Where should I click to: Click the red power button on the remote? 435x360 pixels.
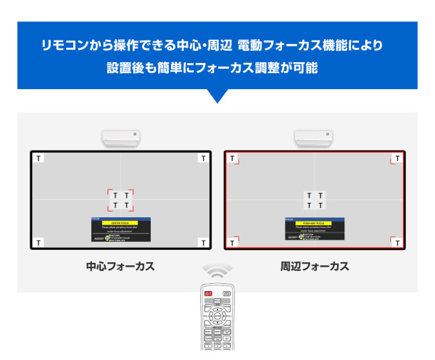click(x=209, y=293)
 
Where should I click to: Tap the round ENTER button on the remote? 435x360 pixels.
click(x=217, y=316)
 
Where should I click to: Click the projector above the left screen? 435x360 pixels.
click(x=121, y=137)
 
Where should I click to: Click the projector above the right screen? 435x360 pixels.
click(x=314, y=137)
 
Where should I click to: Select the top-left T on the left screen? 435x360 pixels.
click(x=39, y=158)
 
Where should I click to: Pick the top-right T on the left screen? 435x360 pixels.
click(x=202, y=158)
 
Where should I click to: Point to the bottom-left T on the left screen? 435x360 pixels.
click(x=39, y=242)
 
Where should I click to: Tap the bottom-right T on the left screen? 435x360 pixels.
click(x=202, y=242)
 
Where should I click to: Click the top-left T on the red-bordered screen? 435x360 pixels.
click(x=233, y=158)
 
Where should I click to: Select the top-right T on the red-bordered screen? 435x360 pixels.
click(x=396, y=158)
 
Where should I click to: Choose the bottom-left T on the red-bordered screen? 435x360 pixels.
click(x=233, y=242)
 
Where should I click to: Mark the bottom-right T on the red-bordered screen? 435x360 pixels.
click(x=396, y=242)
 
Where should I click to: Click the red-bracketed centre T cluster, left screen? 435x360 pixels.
click(x=121, y=201)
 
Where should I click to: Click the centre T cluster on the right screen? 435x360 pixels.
click(x=315, y=201)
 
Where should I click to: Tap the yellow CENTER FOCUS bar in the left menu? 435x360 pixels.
click(x=120, y=222)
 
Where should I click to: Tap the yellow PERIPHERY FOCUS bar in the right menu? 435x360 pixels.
click(x=314, y=222)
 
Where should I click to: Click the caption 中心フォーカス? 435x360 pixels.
click(x=120, y=267)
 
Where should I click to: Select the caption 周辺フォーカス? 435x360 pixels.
click(x=315, y=267)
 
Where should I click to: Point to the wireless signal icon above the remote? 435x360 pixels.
click(x=217, y=272)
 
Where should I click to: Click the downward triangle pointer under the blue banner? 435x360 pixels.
click(x=217, y=96)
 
